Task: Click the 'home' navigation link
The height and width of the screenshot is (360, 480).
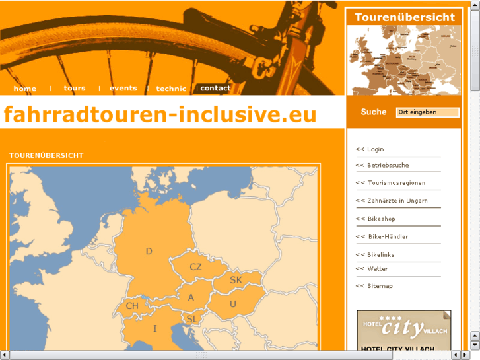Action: (25, 89)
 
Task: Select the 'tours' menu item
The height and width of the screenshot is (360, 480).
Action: (75, 89)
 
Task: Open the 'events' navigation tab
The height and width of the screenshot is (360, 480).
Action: (123, 89)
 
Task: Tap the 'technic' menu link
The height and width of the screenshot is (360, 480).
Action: (171, 89)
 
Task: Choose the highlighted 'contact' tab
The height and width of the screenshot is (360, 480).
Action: (215, 89)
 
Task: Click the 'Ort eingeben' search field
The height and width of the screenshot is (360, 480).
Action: (427, 112)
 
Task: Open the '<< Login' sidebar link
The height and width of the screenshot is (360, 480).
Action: (370, 149)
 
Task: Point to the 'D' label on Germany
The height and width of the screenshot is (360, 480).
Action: (149, 251)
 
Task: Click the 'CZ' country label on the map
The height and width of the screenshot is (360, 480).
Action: (195, 267)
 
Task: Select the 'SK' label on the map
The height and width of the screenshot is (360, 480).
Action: (236, 280)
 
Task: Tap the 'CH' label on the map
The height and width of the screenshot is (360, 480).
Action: (132, 306)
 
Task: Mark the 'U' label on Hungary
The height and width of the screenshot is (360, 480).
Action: (232, 304)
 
